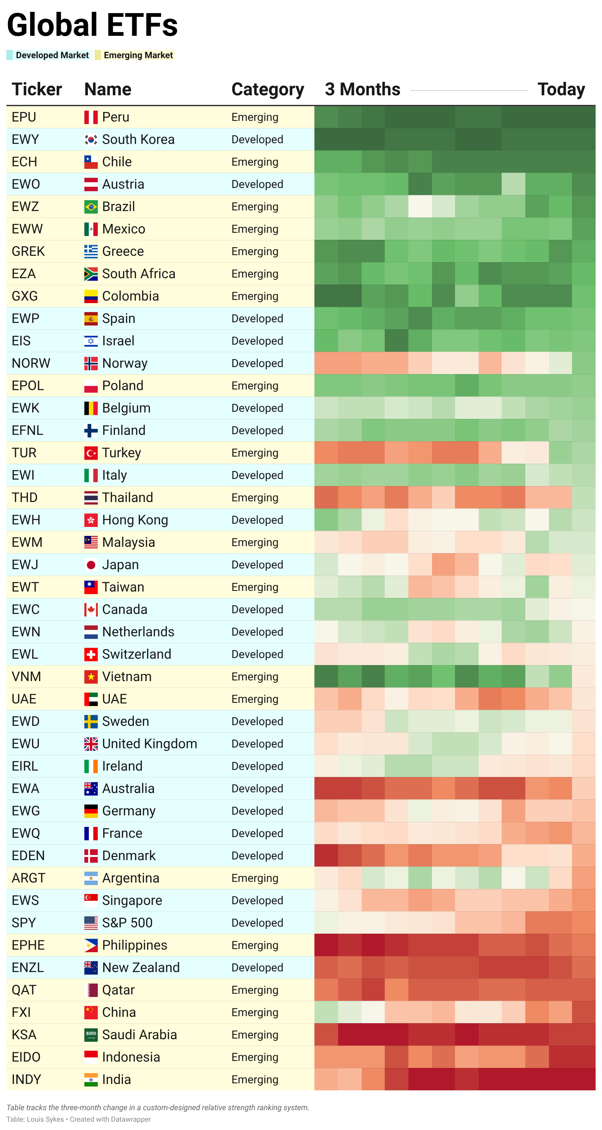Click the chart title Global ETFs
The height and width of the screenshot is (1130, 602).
click(92, 25)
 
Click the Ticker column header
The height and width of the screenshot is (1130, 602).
click(36, 90)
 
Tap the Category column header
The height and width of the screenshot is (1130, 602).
click(267, 90)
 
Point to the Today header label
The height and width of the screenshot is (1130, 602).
click(561, 90)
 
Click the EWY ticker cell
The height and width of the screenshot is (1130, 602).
click(26, 139)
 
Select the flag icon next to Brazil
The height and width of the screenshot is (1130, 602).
click(91, 207)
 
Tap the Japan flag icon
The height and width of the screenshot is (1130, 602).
click(91, 565)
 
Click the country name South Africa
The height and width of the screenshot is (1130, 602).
click(139, 274)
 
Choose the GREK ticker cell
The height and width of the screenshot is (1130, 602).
click(28, 251)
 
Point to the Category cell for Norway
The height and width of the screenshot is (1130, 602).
click(257, 363)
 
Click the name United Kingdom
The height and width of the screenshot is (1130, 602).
click(150, 744)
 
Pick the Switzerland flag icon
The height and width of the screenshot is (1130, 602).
click(91, 655)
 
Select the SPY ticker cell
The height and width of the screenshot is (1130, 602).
click(24, 923)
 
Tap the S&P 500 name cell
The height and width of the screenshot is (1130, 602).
click(127, 923)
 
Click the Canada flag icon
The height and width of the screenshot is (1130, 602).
click(91, 610)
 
